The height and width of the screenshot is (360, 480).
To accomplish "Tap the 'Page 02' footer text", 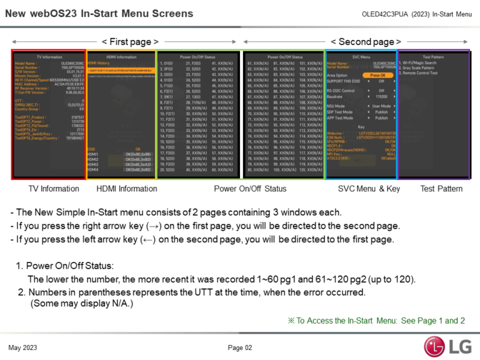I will click(x=239, y=347).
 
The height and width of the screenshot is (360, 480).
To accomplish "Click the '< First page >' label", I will click(x=130, y=42).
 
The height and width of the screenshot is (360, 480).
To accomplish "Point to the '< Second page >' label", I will click(x=366, y=42).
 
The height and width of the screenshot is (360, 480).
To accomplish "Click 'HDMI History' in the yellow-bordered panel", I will click(x=99, y=63).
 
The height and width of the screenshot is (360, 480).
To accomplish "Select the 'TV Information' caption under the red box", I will click(x=54, y=188).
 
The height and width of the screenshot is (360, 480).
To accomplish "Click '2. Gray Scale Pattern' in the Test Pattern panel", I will click(x=422, y=68).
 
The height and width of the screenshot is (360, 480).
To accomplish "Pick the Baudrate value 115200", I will click(x=381, y=97).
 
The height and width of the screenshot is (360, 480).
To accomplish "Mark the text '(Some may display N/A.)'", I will click(x=82, y=303).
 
